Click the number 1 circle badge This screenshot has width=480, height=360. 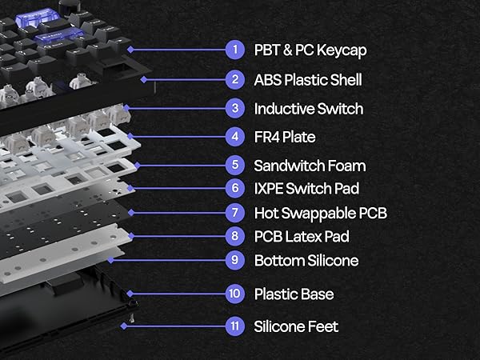click(x=234, y=50)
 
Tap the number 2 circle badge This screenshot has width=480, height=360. click(x=234, y=79)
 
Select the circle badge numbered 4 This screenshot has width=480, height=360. click(x=234, y=137)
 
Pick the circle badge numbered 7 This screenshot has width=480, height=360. click(x=234, y=213)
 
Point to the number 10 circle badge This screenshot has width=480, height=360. click(x=234, y=294)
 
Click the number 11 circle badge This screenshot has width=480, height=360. click(x=234, y=326)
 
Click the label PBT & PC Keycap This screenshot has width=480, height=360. click(x=311, y=50)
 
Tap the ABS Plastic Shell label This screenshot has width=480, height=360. click(x=308, y=79)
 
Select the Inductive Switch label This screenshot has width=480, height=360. click(x=308, y=108)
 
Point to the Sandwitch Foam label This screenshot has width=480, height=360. click(x=310, y=166)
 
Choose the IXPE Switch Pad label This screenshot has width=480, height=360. click(x=306, y=189)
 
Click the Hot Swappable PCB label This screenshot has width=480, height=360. click(x=321, y=213)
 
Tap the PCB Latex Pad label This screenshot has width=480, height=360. click(x=302, y=236)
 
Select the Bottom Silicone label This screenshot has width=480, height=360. click(x=306, y=260)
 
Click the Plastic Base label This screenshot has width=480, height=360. click(x=294, y=294)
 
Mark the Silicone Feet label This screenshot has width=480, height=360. click(x=295, y=326)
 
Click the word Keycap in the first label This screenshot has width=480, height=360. click(x=345, y=50)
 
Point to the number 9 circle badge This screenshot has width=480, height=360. click(x=234, y=260)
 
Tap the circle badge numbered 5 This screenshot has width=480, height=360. click(x=234, y=166)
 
